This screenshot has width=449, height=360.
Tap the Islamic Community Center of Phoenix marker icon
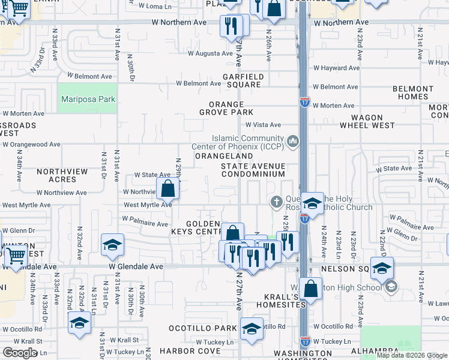[292, 142]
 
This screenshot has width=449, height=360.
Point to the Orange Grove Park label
[231, 108]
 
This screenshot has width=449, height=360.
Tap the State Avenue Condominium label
[253, 170]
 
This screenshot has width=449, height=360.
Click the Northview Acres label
[62, 175]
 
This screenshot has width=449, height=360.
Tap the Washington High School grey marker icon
[391, 287]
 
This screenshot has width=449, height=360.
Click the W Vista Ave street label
[263, 125]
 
